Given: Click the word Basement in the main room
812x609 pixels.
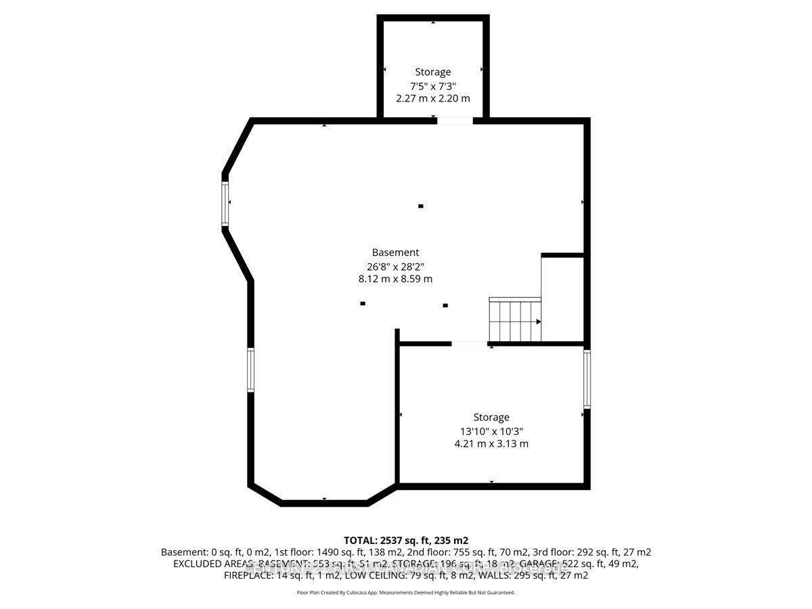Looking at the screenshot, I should [x=395, y=252].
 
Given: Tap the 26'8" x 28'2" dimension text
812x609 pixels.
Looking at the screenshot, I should [x=395, y=266].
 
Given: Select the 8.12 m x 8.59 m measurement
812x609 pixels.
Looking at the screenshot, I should [x=395, y=279].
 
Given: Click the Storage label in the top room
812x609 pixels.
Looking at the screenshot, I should [x=433, y=72].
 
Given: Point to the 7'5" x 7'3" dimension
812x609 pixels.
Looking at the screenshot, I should [x=433, y=86].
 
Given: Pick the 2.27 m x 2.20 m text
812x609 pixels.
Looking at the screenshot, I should [x=433, y=98].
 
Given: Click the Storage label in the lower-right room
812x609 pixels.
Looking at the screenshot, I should [x=491, y=418].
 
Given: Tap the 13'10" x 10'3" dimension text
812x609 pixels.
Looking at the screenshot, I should [x=491, y=431].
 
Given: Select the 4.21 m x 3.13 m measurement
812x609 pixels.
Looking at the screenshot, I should [x=491, y=444].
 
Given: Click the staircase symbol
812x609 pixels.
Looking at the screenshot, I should [x=515, y=320].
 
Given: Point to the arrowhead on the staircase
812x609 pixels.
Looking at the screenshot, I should [x=539, y=322].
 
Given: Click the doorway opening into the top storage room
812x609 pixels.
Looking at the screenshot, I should [x=455, y=121].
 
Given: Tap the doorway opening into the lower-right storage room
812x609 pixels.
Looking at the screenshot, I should [x=470, y=344].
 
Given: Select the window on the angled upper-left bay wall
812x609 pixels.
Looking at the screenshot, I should [x=225, y=201].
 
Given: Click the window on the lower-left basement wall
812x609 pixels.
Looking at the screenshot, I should [x=250, y=369].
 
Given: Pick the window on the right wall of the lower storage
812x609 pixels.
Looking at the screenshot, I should [x=587, y=378].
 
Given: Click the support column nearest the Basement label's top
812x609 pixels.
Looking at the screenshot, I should [x=421, y=206].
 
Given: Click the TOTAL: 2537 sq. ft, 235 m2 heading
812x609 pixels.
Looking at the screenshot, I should [x=406, y=540].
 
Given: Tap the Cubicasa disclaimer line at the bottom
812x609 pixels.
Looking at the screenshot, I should [x=406, y=592].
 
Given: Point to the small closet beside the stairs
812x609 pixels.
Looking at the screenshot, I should [x=563, y=298].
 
